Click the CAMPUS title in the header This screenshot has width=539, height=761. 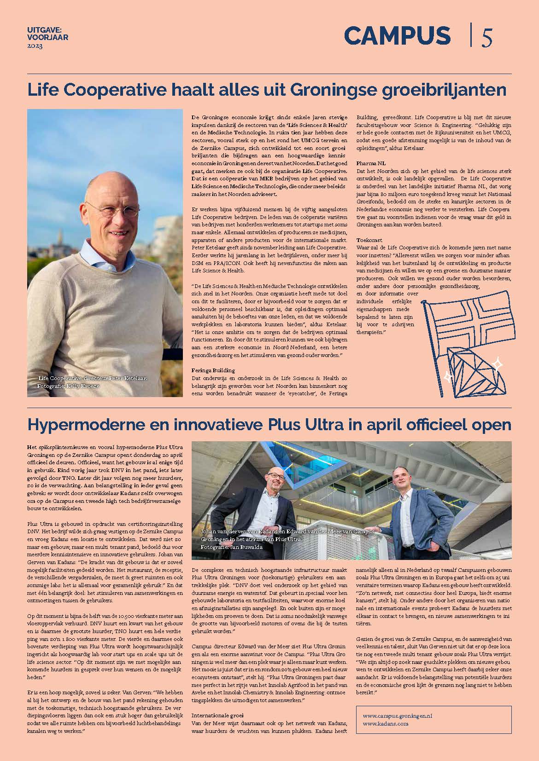[397, 36]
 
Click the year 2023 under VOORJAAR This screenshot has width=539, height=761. [35, 46]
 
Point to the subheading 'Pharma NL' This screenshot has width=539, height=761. [372, 163]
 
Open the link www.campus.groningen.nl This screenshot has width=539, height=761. [398, 716]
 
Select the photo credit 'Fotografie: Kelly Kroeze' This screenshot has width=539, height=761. [68, 386]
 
